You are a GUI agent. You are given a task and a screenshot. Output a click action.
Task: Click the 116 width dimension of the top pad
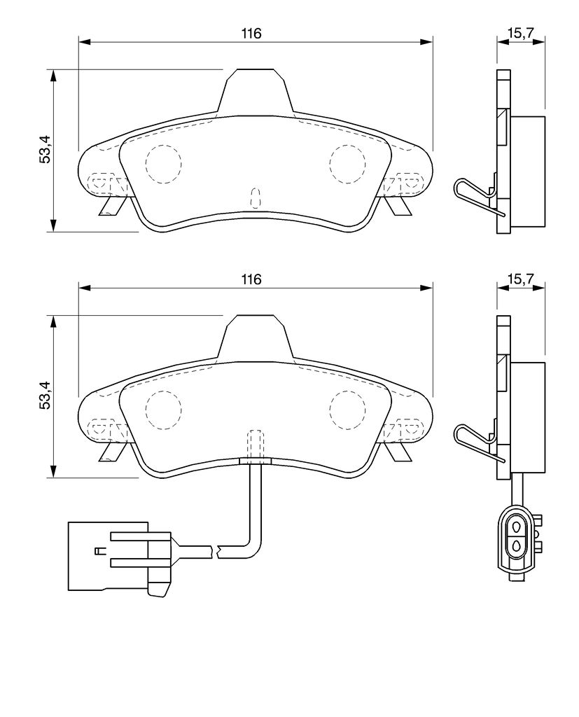click(x=253, y=34)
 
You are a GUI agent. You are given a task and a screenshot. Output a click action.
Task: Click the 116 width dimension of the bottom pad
click(x=251, y=279)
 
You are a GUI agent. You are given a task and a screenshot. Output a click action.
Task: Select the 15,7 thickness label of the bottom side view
click(x=519, y=279)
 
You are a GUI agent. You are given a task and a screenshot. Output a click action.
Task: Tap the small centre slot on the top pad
click(x=256, y=198)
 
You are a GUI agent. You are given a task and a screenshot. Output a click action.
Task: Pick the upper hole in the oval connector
click(x=517, y=527)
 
